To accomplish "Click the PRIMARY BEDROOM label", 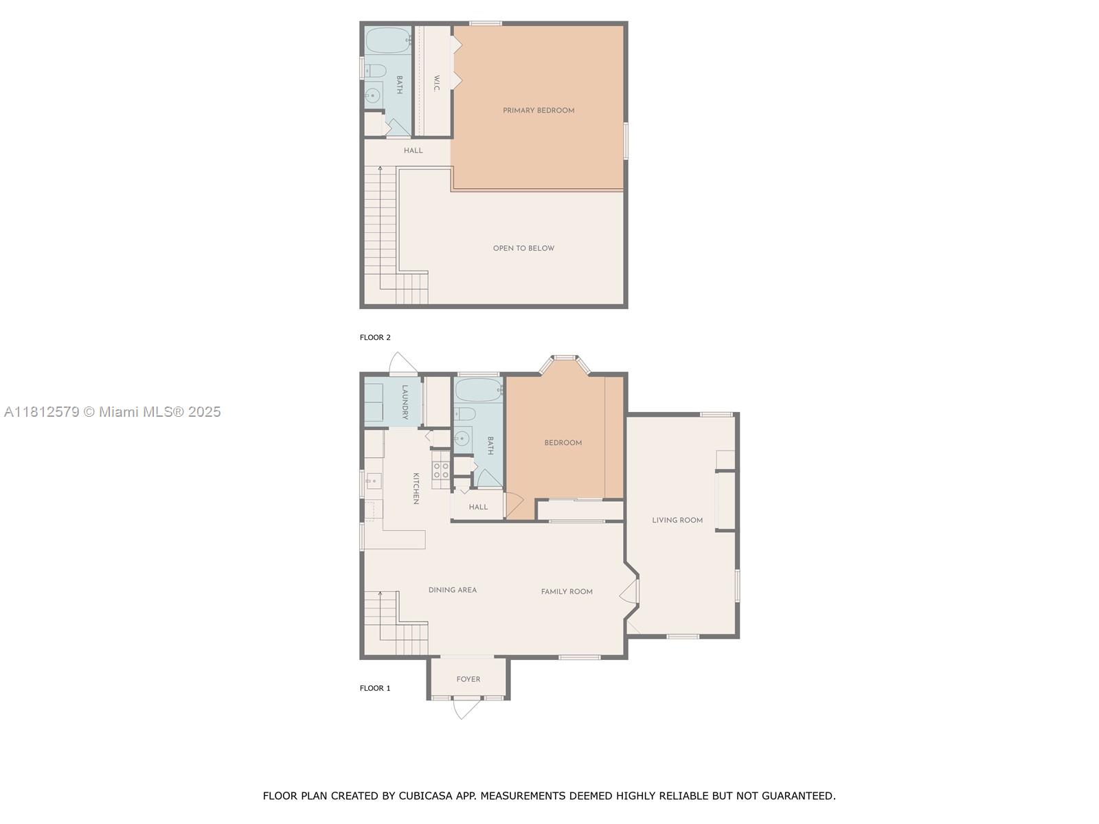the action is pyautogui.click(x=539, y=111).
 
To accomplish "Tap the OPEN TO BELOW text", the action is pyautogui.click(x=523, y=249).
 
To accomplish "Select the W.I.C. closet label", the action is pyautogui.click(x=436, y=84).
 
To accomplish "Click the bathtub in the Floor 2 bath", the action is pyautogui.click(x=387, y=41).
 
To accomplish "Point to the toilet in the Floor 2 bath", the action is pyautogui.click(x=375, y=70).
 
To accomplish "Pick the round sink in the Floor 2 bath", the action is pyautogui.click(x=374, y=95).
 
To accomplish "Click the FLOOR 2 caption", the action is pyautogui.click(x=375, y=338).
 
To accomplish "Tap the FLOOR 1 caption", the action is pyautogui.click(x=375, y=689).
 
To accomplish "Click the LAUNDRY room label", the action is pyautogui.click(x=405, y=402).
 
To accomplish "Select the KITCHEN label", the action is pyautogui.click(x=416, y=488).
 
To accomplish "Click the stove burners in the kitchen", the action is pyautogui.click(x=441, y=470).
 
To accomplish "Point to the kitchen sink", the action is pyautogui.click(x=373, y=481).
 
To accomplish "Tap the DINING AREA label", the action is pyautogui.click(x=452, y=590).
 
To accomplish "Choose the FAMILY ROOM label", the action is pyautogui.click(x=567, y=592).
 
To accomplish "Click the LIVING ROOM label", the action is pyautogui.click(x=677, y=520).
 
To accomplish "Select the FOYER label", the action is pyautogui.click(x=468, y=680).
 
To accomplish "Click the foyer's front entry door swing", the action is pyautogui.click(x=465, y=709).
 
